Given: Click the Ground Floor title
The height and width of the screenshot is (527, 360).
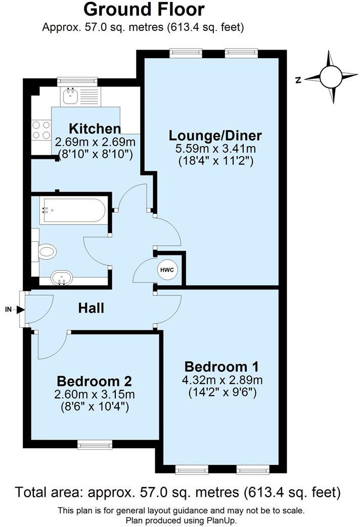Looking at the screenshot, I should point(144,9).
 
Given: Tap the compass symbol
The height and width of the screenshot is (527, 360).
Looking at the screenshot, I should point(331,77).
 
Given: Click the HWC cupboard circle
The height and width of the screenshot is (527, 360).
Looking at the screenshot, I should point(167,270).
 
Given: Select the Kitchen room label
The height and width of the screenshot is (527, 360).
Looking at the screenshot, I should point(95,128).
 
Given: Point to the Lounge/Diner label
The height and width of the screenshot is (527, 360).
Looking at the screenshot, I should point(215,136).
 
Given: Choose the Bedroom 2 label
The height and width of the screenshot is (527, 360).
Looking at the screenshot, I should point(95,380).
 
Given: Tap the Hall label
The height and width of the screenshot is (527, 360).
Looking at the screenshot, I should point(91,308).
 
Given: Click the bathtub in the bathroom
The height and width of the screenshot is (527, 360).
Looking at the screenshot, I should point(74,210).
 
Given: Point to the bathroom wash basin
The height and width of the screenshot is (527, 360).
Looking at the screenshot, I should point(62,277).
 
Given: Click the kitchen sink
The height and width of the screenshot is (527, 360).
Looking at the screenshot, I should point(69,96).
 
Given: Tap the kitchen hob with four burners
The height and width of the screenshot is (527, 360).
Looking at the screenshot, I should point(41,130).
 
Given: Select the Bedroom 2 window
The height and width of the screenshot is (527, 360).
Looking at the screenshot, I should point(95,445).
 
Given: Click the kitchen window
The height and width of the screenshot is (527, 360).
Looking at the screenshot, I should point(77,81).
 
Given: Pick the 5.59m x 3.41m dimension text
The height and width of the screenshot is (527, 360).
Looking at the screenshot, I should point(215,149).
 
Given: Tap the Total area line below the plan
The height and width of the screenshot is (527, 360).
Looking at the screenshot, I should point(177,492).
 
